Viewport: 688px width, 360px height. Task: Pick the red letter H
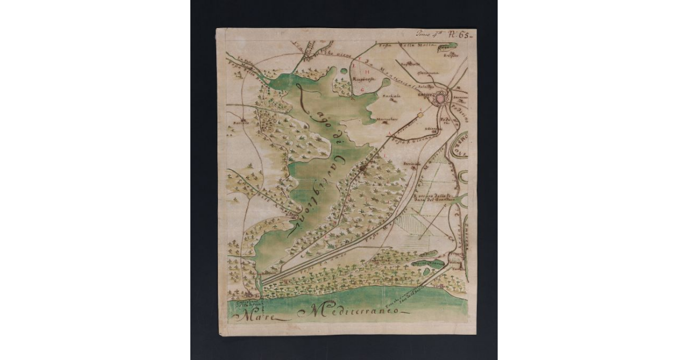(366, 71)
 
